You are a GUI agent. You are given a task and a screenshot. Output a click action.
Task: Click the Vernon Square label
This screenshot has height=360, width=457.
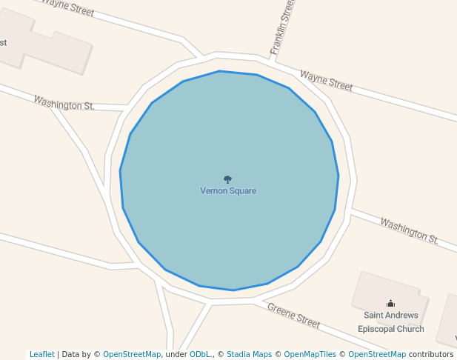pos(228,191)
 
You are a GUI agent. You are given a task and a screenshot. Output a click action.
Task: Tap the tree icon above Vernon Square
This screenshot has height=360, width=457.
pos(227,179)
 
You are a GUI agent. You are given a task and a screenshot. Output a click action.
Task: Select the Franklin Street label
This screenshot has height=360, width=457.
pos(283,27)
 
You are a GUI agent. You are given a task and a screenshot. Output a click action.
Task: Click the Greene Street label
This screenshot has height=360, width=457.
pos(293,316)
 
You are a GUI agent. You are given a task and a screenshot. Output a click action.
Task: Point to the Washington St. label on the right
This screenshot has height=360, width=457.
pos(410,230)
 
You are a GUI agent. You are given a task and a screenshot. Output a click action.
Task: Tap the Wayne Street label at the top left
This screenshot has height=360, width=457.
pos(67,7)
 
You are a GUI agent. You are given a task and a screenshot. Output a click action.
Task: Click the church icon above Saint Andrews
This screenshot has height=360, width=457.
pos(391,303)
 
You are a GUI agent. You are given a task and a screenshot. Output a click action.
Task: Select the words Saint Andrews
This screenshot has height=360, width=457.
pos(391,316)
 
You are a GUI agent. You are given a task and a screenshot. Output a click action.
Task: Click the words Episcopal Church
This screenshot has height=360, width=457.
pos(391,329)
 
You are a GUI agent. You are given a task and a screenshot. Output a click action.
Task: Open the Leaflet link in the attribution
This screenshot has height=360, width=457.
pos(41,355)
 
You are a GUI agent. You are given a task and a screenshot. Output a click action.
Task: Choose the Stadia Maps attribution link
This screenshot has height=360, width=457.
pos(249,355)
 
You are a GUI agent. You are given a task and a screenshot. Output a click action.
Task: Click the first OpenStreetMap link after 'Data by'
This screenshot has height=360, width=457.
pos(132,355)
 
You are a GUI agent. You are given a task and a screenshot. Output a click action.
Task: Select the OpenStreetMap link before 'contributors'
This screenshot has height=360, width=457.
pos(377,355)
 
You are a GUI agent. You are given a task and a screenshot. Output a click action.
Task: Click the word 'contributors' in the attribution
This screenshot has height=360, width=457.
pos(431,355)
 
